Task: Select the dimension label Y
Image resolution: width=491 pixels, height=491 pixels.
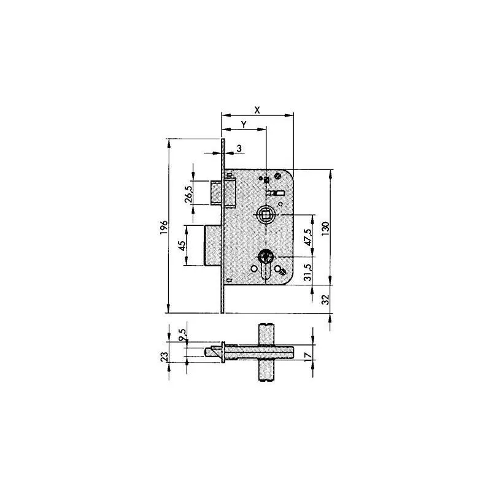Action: click(x=244, y=124)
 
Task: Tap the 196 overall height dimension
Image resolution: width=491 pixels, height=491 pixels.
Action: click(x=163, y=227)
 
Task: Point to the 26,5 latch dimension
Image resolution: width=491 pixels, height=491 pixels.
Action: click(x=188, y=193)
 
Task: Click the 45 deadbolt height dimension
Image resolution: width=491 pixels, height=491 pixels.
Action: click(x=182, y=245)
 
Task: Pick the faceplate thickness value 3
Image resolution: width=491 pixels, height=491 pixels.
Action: click(x=238, y=148)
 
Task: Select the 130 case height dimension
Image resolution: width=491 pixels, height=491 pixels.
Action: click(x=327, y=226)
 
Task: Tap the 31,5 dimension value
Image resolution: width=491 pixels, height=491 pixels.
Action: click(x=310, y=269)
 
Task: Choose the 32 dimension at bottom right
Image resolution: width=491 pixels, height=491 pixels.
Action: click(x=327, y=299)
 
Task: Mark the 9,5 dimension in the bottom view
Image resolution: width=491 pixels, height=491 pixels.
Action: click(x=182, y=336)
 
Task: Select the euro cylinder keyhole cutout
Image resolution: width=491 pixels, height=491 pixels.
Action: click(x=266, y=261)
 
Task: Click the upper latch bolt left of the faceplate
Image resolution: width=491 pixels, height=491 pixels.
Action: click(x=217, y=191)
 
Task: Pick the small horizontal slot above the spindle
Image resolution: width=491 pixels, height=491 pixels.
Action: click(x=279, y=193)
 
